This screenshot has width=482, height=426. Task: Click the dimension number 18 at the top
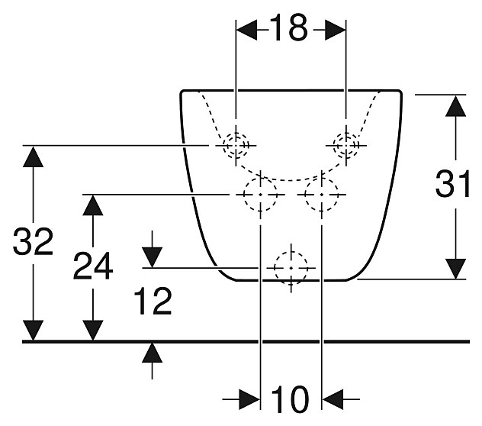[289, 27]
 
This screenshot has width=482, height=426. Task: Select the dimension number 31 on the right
[452, 184]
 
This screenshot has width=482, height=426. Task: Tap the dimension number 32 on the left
[33, 241]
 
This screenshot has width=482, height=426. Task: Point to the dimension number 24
[93, 266]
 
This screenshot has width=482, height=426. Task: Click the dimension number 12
[153, 301]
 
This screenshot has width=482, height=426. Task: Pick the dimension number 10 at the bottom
[290, 399]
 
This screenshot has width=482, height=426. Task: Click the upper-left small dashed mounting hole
[236, 145]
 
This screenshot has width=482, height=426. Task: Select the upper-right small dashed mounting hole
[346, 145]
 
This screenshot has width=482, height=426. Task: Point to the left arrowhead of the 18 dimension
[246, 31]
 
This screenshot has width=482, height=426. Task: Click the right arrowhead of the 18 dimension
[336, 31]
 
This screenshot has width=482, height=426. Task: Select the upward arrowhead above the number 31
[455, 105]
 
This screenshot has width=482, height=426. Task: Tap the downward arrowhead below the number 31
[455, 269]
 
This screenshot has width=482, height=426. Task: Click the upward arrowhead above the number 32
[33, 157]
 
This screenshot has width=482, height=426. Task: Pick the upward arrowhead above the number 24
[93, 205]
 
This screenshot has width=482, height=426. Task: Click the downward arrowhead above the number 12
[153, 257]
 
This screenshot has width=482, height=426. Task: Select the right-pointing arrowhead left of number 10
[249, 399]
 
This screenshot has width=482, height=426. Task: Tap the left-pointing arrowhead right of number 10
[333, 399]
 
